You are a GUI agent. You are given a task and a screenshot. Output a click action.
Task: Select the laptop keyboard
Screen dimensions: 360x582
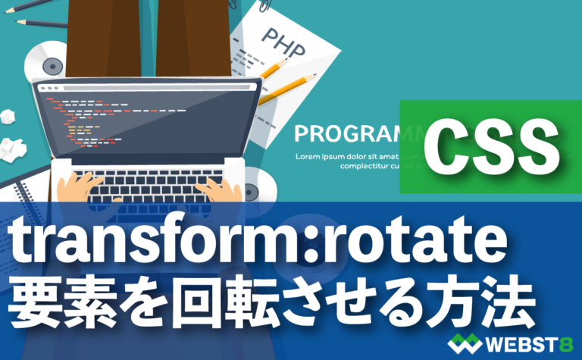(x=148, y=182)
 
